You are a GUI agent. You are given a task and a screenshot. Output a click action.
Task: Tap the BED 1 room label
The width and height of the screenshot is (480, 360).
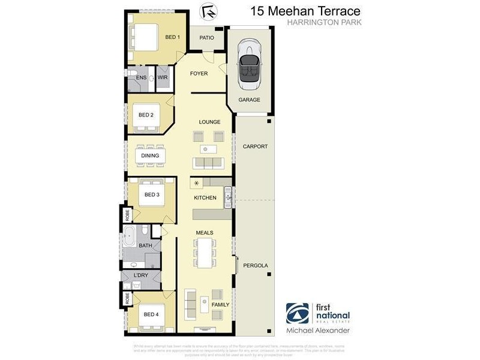click(x=172, y=37)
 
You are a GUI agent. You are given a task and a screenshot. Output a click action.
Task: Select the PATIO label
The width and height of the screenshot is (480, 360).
click(x=207, y=38)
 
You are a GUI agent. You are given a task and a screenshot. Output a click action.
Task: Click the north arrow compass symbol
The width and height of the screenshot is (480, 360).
click(x=208, y=11)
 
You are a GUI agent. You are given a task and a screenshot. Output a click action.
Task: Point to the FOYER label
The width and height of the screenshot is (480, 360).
click(x=199, y=74)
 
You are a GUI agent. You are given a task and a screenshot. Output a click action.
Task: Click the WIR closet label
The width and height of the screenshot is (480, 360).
click(x=163, y=77)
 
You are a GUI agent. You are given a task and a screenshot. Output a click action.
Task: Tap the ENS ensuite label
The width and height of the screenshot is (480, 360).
click(x=142, y=77)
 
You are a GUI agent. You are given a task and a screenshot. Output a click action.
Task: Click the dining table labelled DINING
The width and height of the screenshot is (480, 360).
click(x=150, y=155)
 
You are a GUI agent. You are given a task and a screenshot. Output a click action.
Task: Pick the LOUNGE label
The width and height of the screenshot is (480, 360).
click(x=210, y=122)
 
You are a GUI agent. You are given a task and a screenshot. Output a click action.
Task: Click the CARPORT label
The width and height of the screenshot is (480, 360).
click(x=255, y=146)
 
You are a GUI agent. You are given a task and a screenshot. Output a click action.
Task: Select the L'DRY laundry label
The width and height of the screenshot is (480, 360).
click(x=142, y=275)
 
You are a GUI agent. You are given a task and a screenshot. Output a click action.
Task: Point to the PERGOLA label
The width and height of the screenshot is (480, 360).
click(x=255, y=265)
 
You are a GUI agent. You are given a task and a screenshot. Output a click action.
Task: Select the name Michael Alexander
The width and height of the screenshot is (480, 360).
click(x=317, y=331)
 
